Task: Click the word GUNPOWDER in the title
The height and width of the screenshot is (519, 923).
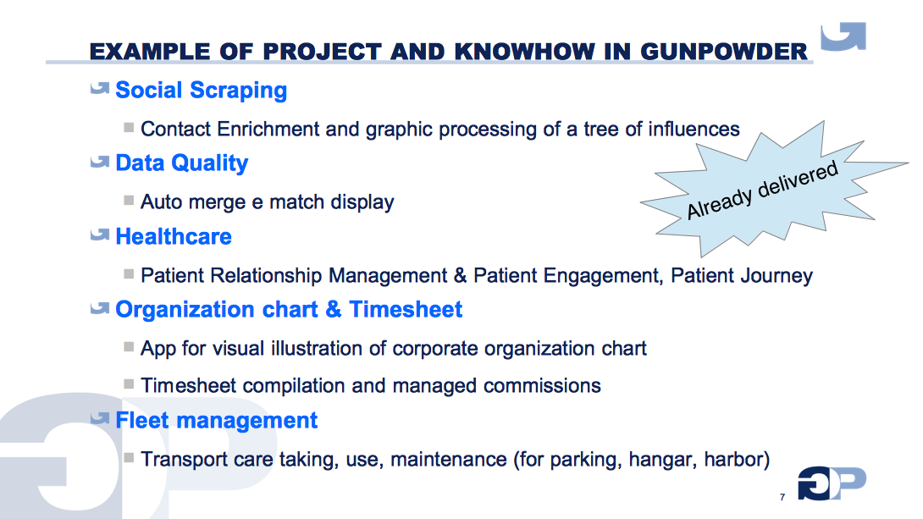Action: (724, 52)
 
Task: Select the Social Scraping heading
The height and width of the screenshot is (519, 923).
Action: (201, 91)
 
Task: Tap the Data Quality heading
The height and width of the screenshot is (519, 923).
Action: (181, 163)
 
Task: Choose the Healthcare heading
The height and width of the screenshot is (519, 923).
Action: (173, 236)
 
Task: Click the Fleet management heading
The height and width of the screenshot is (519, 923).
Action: (216, 421)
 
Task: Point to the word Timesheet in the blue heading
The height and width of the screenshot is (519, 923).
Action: (406, 310)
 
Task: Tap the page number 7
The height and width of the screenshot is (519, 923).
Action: (782, 497)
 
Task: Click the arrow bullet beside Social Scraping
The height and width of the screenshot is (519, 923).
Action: (100, 88)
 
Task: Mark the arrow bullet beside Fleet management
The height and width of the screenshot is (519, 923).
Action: (100, 418)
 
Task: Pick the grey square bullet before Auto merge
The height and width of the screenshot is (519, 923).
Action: (129, 201)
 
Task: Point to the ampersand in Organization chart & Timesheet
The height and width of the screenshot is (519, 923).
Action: (333, 310)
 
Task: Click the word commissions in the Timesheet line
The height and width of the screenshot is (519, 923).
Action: (542, 386)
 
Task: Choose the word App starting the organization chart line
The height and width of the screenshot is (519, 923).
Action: (158, 349)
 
